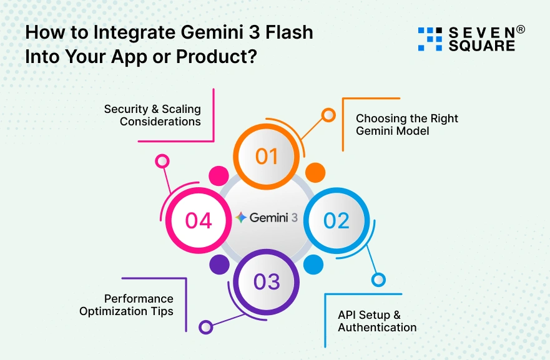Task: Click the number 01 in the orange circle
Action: coord(267,156)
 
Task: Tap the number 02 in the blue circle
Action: coord(336,220)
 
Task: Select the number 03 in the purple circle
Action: coord(267,282)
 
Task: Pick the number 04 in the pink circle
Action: coord(199,220)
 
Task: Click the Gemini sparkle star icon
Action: coord(241,218)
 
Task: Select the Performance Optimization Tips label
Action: coord(126,304)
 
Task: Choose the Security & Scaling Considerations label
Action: coord(152,115)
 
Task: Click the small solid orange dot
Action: coord(315,172)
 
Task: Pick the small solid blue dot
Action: coord(312,265)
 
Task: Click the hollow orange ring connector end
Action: coord(328,115)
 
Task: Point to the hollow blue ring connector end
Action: coord(378,280)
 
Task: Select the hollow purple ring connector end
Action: coord(205,326)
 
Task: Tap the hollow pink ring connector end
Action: coord(162,162)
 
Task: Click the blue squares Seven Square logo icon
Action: coord(430,39)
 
